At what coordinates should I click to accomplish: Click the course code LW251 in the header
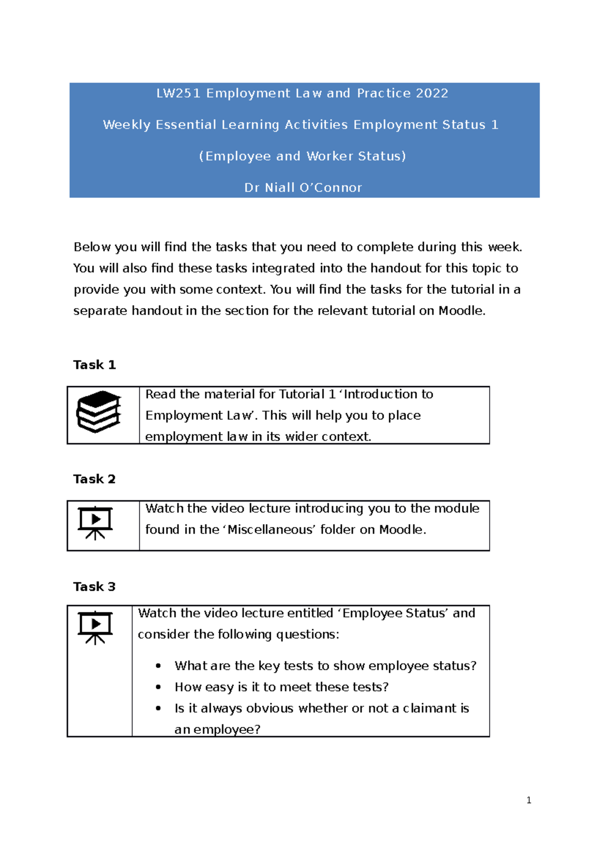178,93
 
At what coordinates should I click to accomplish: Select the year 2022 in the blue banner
432,93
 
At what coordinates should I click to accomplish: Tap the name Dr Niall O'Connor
303,188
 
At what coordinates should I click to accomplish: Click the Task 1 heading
94,364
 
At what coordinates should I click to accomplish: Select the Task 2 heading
94,479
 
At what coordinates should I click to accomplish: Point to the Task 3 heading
94,586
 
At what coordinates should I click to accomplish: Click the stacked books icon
99,412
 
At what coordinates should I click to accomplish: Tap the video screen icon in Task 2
95,523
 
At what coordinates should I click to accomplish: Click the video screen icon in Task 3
95,628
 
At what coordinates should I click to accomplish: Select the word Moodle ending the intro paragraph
461,311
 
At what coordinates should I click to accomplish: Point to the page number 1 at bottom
529,800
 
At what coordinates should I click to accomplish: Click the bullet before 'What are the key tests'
158,666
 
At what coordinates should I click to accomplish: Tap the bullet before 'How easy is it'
158,687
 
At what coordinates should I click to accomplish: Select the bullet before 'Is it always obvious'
158,708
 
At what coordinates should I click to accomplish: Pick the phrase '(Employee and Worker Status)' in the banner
302,156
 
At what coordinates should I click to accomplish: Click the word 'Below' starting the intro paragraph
92,247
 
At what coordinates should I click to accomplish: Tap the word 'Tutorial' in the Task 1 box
301,394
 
